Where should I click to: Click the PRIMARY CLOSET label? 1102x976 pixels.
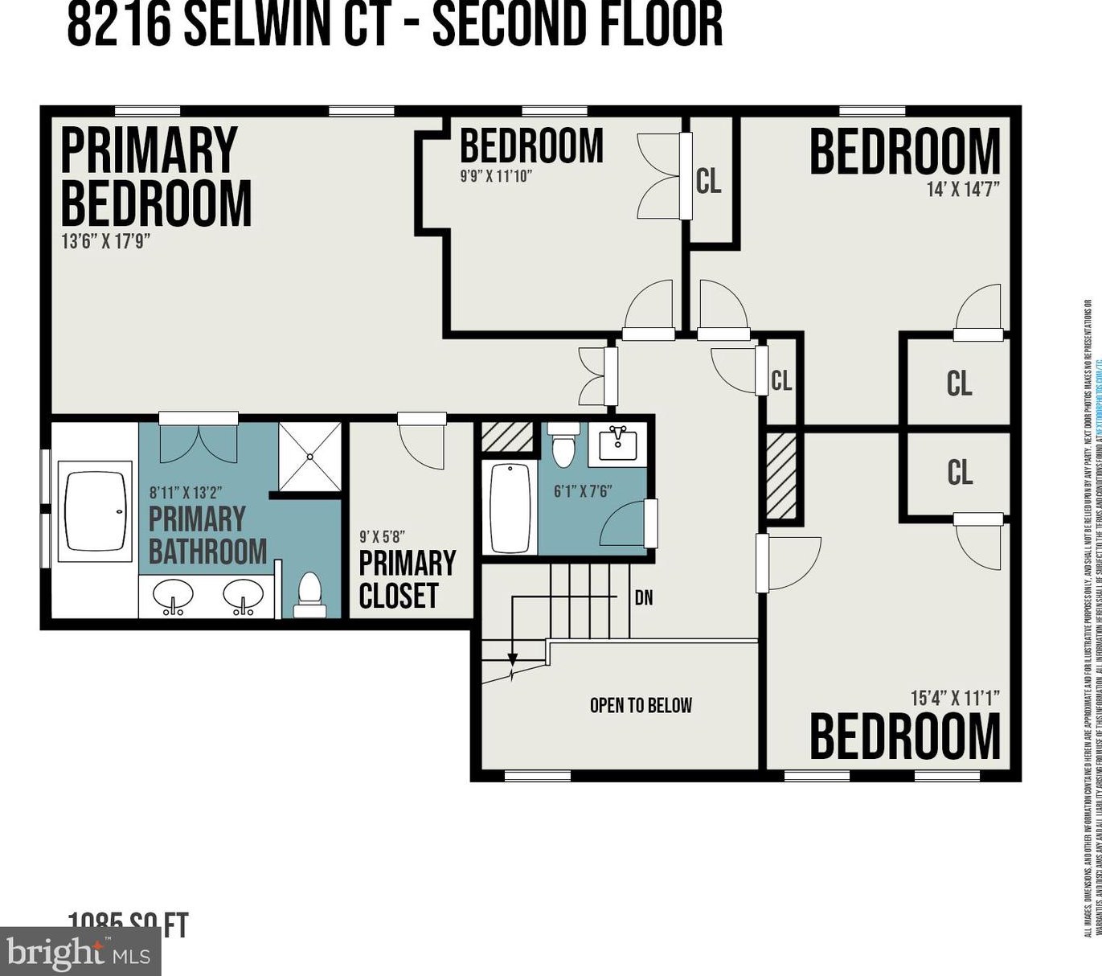[407, 579]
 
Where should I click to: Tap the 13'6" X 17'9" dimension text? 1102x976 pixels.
[106, 240]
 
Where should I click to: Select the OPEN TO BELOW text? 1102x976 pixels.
[641, 705]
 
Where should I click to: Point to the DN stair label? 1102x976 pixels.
[644, 597]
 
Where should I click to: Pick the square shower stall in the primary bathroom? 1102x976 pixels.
[310, 456]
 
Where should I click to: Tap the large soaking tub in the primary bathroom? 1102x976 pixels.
[96, 511]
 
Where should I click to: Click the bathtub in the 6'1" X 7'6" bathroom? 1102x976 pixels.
[510, 506]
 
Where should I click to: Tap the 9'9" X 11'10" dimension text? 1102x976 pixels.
[496, 175]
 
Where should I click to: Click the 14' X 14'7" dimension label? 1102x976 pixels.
[963, 190]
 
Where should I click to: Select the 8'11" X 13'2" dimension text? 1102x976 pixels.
[186, 492]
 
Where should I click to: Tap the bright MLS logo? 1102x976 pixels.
[80, 953]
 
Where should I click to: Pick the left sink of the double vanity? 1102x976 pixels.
[173, 597]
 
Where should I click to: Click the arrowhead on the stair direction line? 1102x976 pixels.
[512, 659]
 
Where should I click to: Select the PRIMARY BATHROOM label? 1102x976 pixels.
[207, 535]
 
